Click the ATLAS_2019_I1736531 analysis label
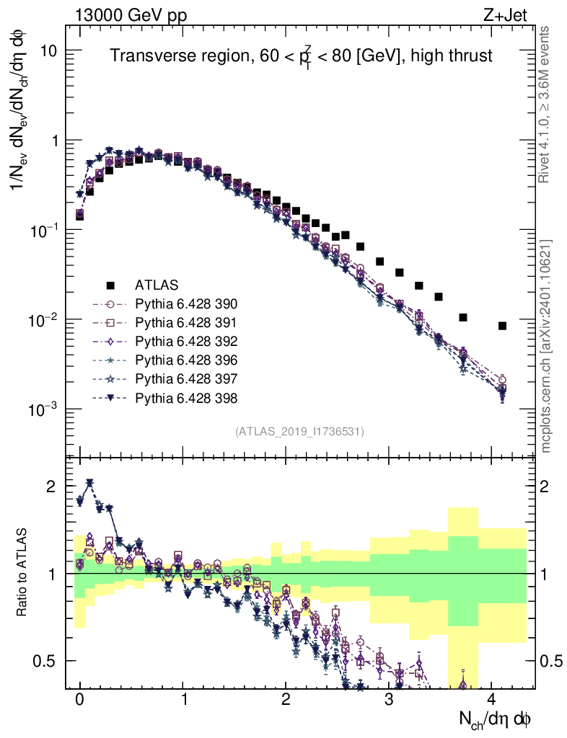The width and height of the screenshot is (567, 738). coord(299,432)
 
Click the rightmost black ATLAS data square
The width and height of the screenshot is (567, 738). coord(502,326)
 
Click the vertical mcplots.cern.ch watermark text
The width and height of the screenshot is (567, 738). coord(546,346)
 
